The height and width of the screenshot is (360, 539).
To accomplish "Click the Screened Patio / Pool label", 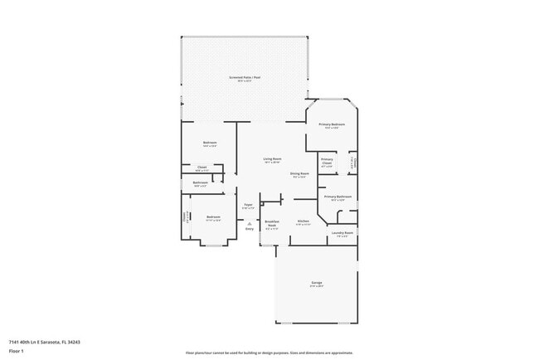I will tap(245, 77).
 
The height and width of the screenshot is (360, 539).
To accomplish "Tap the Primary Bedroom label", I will tap(332, 124).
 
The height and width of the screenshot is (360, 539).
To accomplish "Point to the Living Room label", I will tap(272, 158).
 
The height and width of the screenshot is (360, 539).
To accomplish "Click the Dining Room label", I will tap(299, 173).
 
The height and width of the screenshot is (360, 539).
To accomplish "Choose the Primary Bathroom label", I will tap(337, 197).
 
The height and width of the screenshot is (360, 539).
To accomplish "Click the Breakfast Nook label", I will tap(271, 222).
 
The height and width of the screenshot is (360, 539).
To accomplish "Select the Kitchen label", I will tap(303, 221).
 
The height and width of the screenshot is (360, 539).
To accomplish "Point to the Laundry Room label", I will tap(342, 233).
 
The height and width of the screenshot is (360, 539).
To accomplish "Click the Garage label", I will tap(317, 283).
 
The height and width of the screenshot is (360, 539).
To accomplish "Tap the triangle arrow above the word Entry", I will tap(249, 223).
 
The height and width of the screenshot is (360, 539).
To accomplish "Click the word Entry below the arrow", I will tap(249, 229).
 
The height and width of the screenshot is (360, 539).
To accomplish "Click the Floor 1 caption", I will tap(15, 351).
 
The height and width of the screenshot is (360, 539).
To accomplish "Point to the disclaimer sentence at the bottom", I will tap(269, 353).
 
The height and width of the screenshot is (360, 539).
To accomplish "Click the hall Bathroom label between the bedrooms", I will tap(201, 182).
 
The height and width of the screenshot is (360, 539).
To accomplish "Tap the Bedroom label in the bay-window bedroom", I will tap(213, 217).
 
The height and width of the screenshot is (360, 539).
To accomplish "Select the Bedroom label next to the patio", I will tap(210, 143).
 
